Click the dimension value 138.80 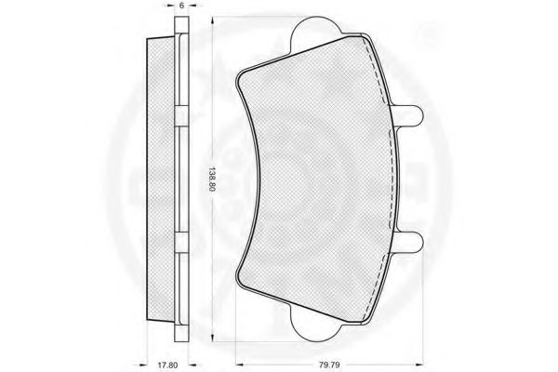tap(212, 179)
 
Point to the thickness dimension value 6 tap(181, 6)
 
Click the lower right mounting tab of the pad tap(408, 241)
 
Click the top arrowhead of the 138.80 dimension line tap(212, 20)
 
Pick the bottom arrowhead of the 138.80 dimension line tap(212, 337)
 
